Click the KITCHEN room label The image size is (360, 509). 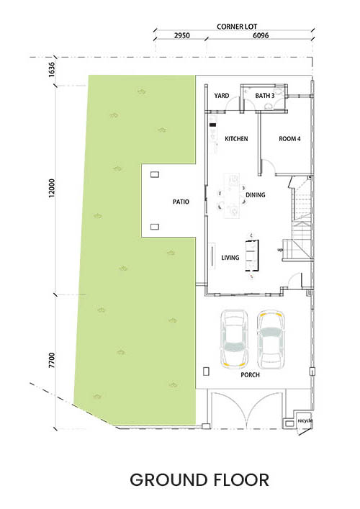pyautogui.click(x=236, y=139)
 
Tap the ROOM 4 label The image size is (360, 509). pyautogui.click(x=289, y=139)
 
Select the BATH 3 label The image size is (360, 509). pyautogui.click(x=264, y=96)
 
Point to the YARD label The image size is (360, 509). pyautogui.click(x=221, y=96)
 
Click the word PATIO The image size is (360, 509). pyautogui.click(x=181, y=202)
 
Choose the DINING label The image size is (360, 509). pyautogui.click(x=255, y=195)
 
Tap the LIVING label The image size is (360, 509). pyautogui.click(x=230, y=258)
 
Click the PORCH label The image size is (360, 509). pyautogui.click(x=250, y=375)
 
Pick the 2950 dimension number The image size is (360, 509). pyautogui.click(x=181, y=35)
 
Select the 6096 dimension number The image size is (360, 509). pyautogui.click(x=261, y=35)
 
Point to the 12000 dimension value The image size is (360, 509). pyautogui.click(x=52, y=189)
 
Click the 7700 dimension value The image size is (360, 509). pyautogui.click(x=52, y=360)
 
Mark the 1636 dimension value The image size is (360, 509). pyautogui.click(x=52, y=69)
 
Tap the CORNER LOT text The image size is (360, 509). pyautogui.click(x=237, y=27)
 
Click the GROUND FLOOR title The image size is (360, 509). pyautogui.click(x=199, y=480)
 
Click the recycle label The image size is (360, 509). pyautogui.click(x=305, y=420)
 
